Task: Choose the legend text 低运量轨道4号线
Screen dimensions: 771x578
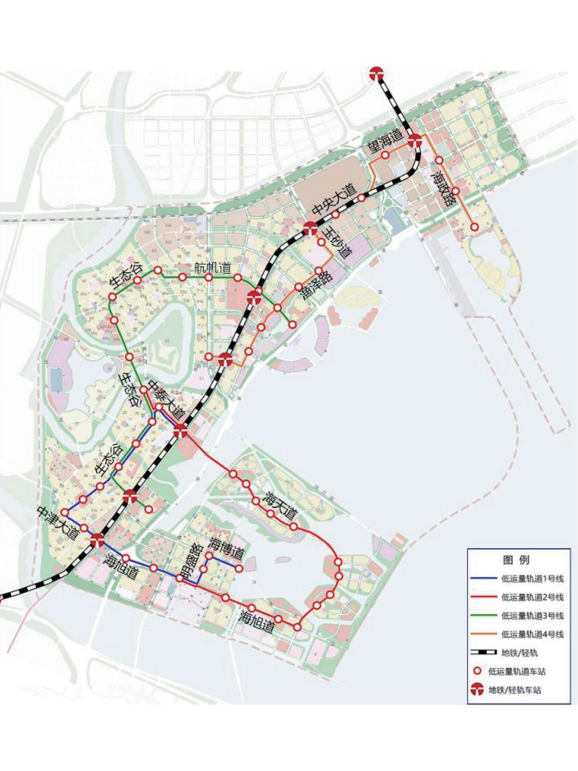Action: coord(532,634)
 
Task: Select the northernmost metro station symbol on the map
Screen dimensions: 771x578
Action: coord(377,73)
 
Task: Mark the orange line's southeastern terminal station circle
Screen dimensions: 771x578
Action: coord(474,227)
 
